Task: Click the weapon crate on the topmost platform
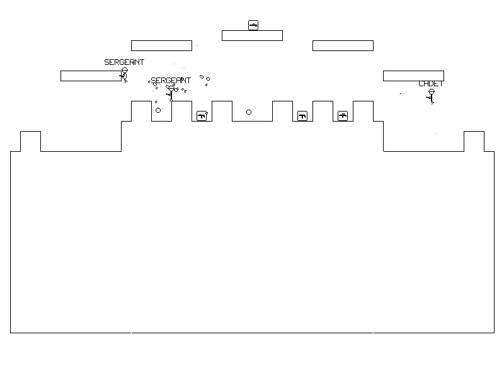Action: tap(253, 25)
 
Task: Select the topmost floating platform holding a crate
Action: tap(252, 35)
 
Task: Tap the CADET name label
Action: tap(431, 84)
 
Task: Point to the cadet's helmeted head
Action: tap(431, 92)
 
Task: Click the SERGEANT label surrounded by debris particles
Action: tap(171, 81)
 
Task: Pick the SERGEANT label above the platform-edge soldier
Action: tap(124, 62)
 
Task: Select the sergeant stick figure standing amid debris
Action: tap(170, 93)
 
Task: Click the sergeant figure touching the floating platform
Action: tap(124, 76)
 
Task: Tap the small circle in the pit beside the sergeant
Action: tap(158, 110)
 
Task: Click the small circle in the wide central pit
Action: tap(249, 112)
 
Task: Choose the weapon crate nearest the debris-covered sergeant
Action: tap(202, 116)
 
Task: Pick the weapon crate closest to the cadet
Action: tap(343, 116)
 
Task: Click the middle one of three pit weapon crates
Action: tap(302, 116)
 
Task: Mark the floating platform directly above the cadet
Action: tap(413, 76)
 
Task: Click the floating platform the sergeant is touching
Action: tap(91, 76)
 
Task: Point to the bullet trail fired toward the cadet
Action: tap(403, 93)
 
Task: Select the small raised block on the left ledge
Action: tap(30, 141)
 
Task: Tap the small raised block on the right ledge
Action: tap(474, 141)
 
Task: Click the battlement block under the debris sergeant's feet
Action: tap(181, 111)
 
